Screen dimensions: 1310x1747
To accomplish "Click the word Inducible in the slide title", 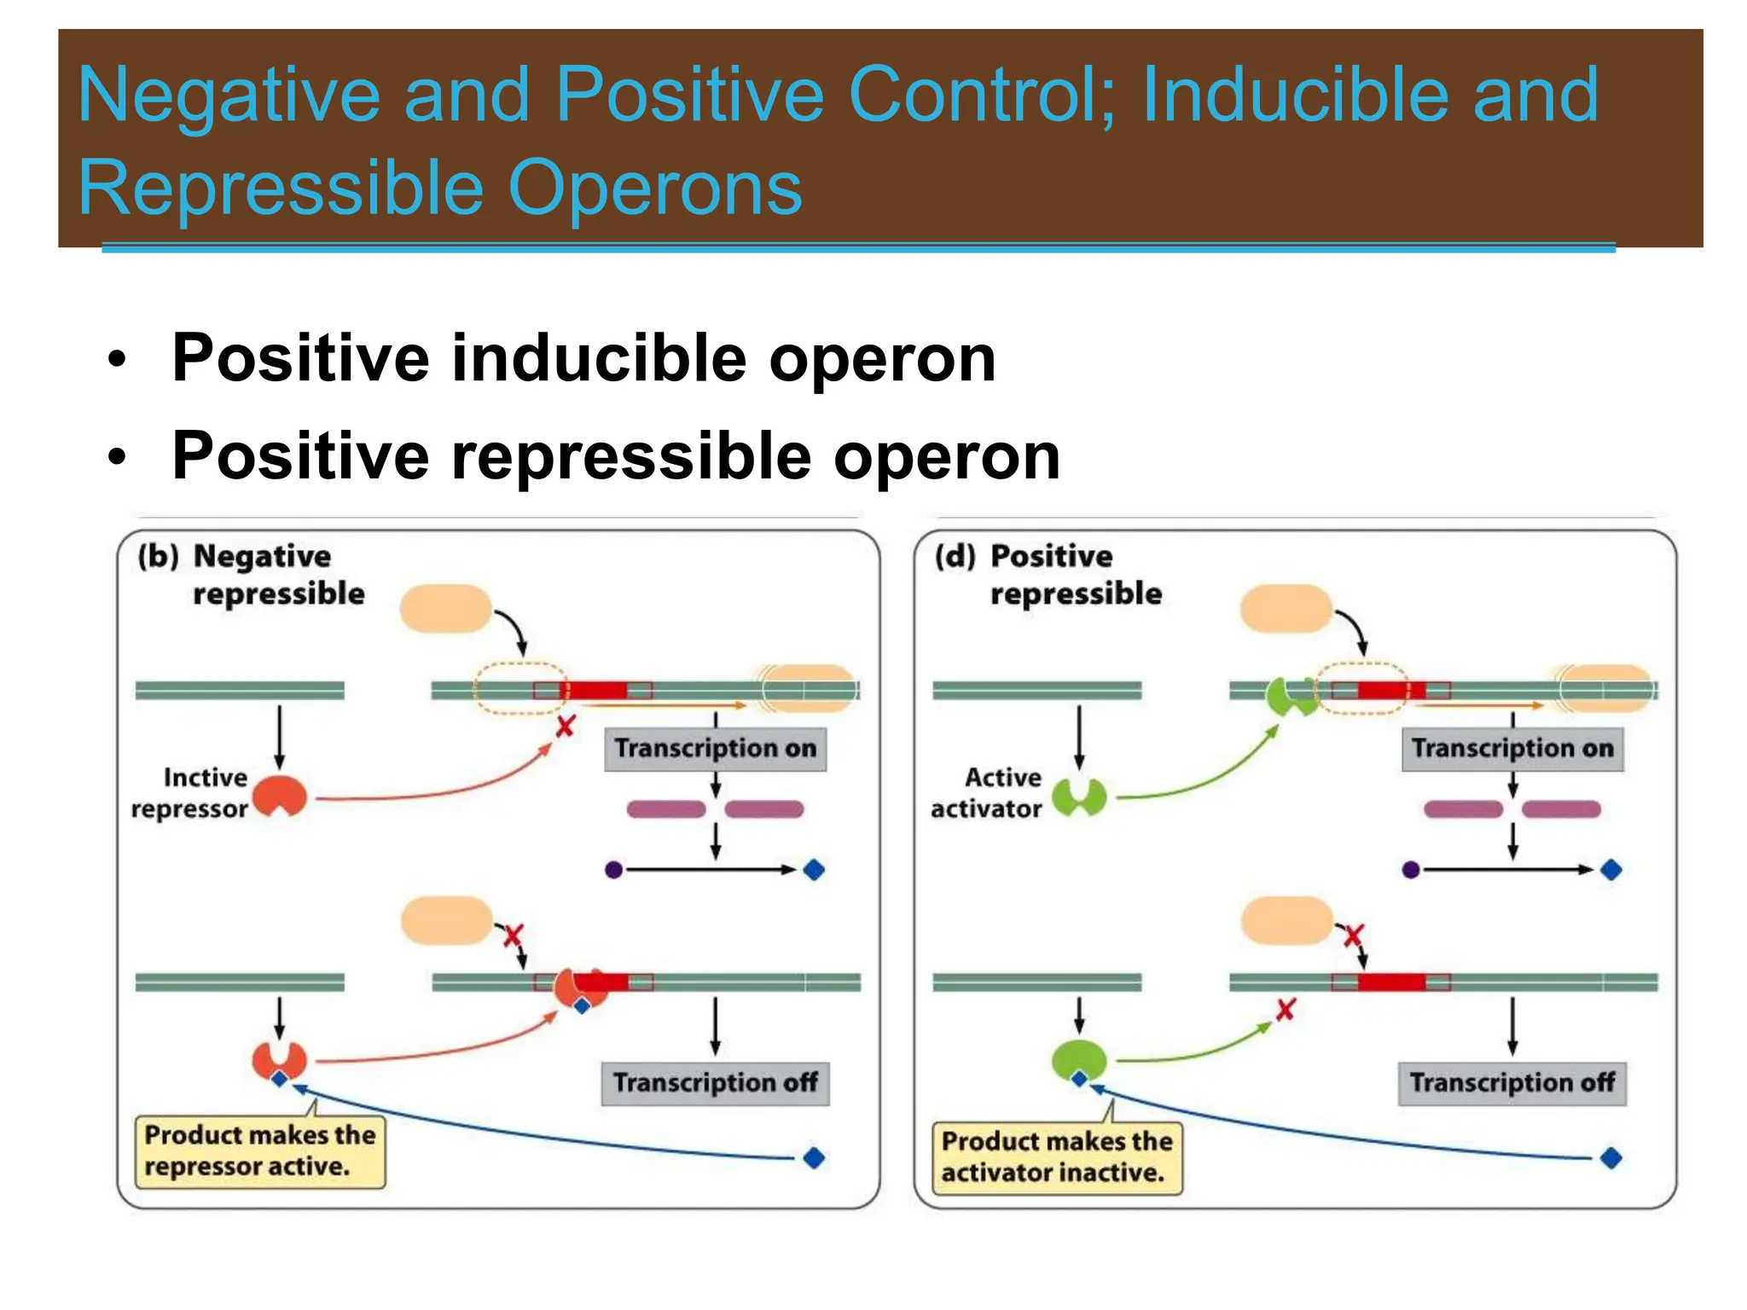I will pos(1295,96).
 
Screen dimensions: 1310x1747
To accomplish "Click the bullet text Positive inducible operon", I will pos(583,358).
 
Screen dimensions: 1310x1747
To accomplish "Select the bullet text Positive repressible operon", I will pos(616,456).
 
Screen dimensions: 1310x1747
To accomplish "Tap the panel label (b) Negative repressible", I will pos(252,575).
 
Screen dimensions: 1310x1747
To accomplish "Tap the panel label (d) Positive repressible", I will pos(1048,575).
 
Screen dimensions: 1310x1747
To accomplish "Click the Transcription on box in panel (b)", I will pos(715,749).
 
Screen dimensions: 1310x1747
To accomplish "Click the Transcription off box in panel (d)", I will pos(1512,1083).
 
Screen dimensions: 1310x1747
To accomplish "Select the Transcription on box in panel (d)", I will pos(1512,749).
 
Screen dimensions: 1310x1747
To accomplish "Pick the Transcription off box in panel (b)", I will pos(715,1083).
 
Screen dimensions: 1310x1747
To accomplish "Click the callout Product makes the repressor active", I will pos(259,1151).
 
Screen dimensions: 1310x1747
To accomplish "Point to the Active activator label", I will pos(988,793).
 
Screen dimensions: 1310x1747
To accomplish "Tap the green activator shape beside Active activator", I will pos(1079,797).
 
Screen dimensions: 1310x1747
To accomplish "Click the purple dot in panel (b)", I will pos(613,870).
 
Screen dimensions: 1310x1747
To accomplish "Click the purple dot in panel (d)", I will pos(1410,870).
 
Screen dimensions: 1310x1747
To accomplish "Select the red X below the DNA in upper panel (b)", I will pos(565,727).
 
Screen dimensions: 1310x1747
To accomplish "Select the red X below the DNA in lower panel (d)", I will pos(1286,1010).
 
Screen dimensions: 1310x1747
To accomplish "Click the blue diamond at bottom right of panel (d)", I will pos(1611,1158).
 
